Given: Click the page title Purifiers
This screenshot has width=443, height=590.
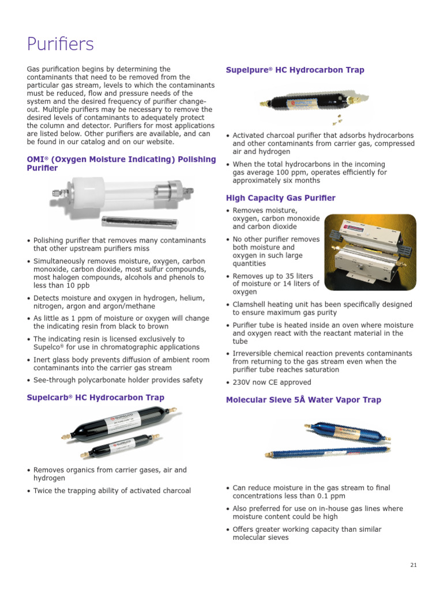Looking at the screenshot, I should [x=61, y=44].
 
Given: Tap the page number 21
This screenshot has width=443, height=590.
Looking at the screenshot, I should [x=413, y=565].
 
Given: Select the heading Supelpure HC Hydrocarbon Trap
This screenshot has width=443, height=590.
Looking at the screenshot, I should [x=295, y=70].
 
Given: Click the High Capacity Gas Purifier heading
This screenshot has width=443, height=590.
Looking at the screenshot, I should [x=280, y=198].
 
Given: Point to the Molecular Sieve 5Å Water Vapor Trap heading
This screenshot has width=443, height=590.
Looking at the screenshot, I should [x=303, y=400].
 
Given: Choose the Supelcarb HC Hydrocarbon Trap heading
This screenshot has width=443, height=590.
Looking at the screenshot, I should [x=95, y=398].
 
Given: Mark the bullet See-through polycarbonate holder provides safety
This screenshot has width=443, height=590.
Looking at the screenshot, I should [x=118, y=380].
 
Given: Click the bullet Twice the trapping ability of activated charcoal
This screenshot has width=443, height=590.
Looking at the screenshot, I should [x=112, y=491].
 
